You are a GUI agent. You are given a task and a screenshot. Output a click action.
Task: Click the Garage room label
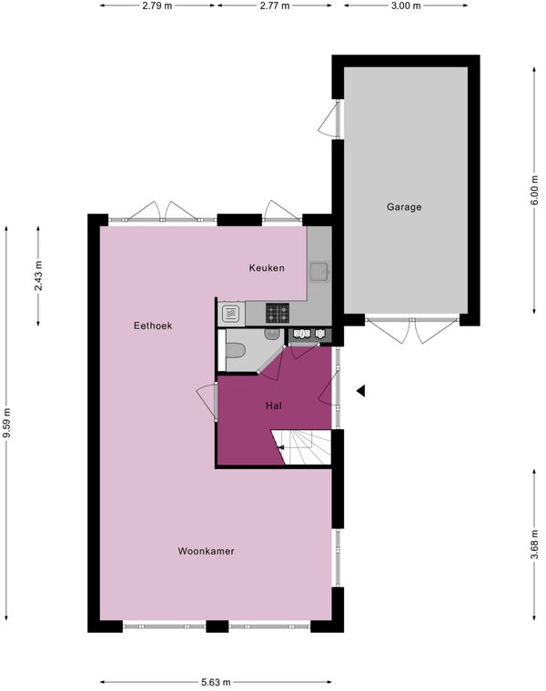coord(404,206)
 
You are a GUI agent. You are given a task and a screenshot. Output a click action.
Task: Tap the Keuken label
coord(267,267)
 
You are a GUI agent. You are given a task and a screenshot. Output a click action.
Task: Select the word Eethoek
coord(153,325)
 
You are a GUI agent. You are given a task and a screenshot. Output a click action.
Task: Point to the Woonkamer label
coord(206,551)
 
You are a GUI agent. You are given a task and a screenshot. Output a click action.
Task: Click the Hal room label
coord(273,406)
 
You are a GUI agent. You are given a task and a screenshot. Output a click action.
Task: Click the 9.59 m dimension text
coord(6,423)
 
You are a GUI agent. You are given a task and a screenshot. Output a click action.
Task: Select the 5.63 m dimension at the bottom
coord(216,682)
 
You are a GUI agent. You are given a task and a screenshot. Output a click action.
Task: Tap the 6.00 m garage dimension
coord(534,190)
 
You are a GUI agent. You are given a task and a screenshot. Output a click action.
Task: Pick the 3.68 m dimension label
coord(534,544)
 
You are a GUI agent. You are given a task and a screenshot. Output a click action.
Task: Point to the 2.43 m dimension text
coord(38,275)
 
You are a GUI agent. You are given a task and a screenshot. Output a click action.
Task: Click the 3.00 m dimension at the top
coord(406,5)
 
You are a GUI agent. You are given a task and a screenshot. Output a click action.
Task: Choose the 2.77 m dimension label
coord(275,5)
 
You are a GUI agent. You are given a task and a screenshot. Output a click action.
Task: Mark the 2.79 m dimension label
coord(157,5)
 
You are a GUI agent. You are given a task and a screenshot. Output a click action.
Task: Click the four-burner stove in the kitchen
coord(278,313)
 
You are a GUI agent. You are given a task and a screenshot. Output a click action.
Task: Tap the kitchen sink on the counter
coord(318,272)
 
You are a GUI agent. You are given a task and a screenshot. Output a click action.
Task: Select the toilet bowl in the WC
coord(236,351)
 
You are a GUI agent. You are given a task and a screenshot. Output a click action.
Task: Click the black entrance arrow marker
coord(360,390)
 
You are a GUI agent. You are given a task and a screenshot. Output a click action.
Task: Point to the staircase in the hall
coord(301,447)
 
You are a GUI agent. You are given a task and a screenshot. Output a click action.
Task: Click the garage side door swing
coord(329,118)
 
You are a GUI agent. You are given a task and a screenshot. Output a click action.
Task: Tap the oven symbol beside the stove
coord(230,314)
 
